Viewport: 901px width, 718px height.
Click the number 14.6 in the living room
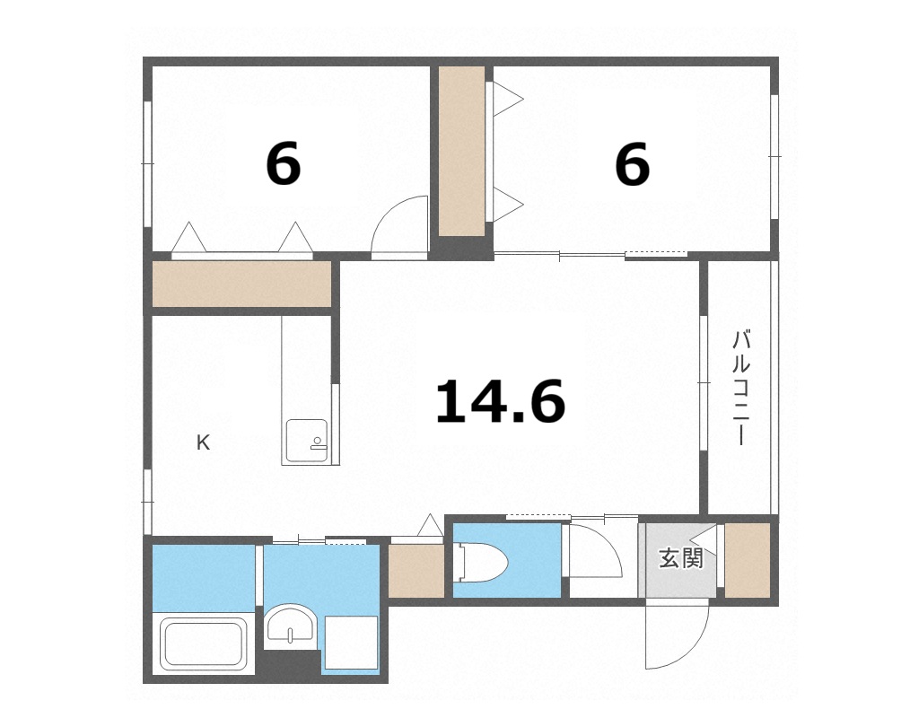click(x=500, y=401)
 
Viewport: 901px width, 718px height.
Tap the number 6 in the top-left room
click(x=283, y=165)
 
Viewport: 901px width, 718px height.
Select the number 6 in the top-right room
click(x=632, y=165)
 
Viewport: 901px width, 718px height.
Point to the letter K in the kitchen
click(x=204, y=442)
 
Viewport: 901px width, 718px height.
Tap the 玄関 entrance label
click(x=680, y=559)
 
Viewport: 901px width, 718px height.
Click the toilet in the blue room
click(x=482, y=563)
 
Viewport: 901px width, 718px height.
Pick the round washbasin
click(x=290, y=624)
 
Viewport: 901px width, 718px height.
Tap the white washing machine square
click(x=351, y=642)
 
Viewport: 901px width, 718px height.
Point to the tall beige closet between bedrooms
click(x=462, y=151)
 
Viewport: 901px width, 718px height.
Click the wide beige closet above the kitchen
click(x=242, y=285)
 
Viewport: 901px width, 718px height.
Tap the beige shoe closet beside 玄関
click(x=747, y=559)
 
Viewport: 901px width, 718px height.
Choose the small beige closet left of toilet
click(x=416, y=570)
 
